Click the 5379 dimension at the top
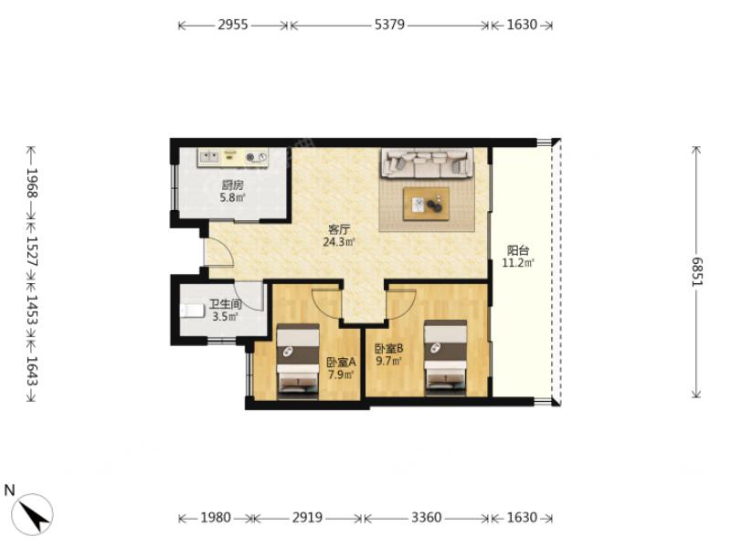389,25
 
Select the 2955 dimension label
233,25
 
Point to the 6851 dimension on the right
696,272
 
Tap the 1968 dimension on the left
32,183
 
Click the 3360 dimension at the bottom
426,517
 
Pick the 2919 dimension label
307,517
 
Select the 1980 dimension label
216,517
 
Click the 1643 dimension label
32,371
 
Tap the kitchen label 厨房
232,185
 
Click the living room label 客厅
339,230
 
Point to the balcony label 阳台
517,250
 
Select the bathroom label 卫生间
225,305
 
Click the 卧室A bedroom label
341,362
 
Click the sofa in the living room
428,163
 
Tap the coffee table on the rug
426,204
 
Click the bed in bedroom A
298,362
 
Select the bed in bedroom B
445,358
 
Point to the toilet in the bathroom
193,311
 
